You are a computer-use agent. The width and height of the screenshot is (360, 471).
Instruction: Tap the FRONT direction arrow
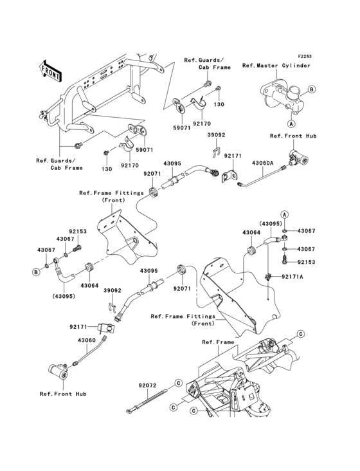coord(51,69)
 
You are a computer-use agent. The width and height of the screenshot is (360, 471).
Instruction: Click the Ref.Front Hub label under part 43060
coord(62,394)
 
